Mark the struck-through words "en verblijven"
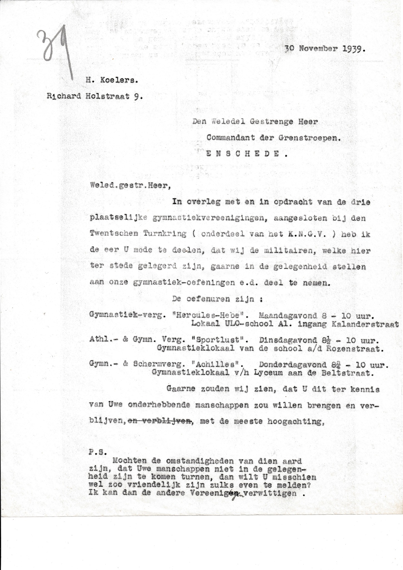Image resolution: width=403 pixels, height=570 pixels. point(160,422)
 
